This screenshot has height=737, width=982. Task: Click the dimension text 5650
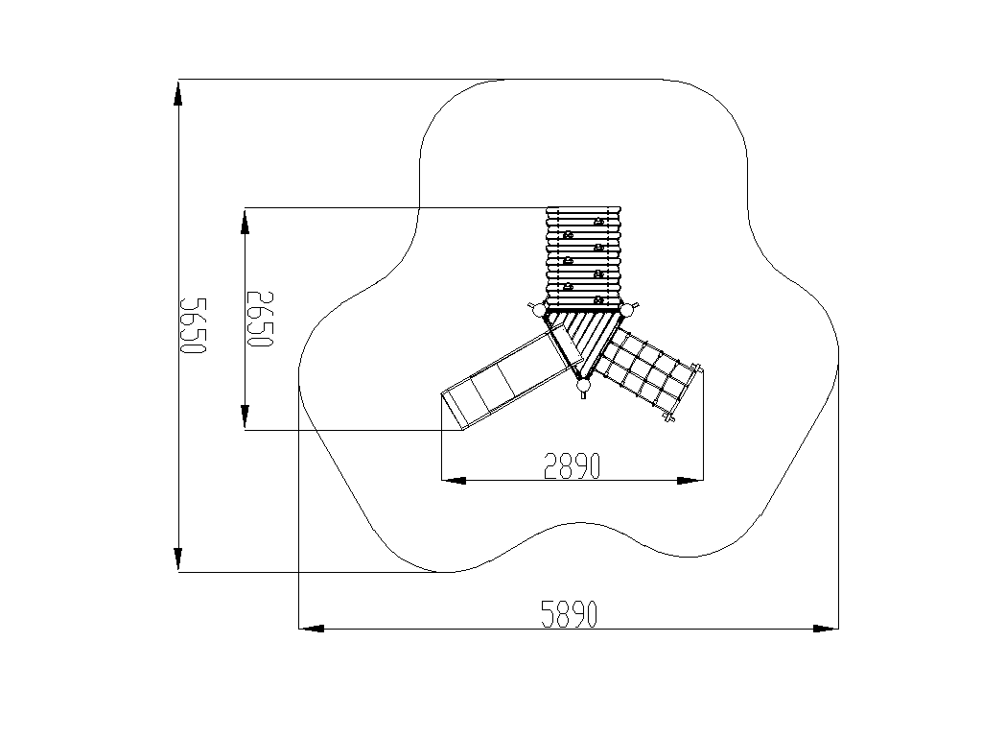point(193,326)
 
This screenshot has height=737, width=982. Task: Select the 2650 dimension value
point(260,319)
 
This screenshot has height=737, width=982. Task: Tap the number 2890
point(573,465)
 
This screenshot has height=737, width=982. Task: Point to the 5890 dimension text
point(570,613)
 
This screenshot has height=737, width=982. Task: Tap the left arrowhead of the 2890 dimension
point(454,481)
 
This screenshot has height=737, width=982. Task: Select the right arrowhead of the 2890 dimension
point(690,481)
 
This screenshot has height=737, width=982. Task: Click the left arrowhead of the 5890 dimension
point(312,628)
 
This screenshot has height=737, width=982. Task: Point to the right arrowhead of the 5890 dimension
point(826,628)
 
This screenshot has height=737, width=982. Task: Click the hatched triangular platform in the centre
point(584,339)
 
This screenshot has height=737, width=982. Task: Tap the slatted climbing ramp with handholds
point(583,257)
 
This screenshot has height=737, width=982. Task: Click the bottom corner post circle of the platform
point(584,385)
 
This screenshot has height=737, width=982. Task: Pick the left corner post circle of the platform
point(538,310)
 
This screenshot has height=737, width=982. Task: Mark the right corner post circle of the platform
point(628,310)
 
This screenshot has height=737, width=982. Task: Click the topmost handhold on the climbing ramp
point(598,222)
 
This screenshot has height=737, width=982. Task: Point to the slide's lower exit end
point(453,411)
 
